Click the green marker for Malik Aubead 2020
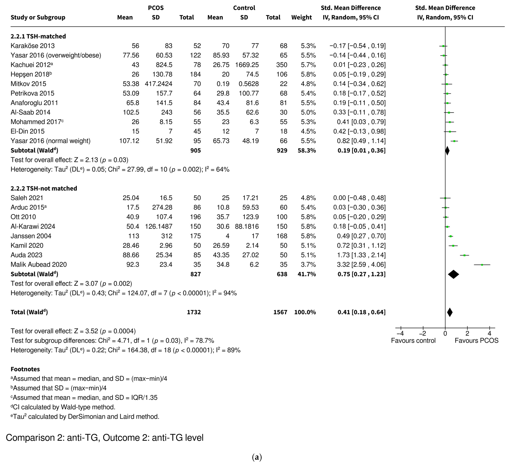[482, 265]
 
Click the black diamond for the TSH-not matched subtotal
[453, 274]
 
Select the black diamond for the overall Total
[450, 312]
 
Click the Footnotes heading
[25, 369]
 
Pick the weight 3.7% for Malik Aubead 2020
[308, 265]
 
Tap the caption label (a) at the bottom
[257, 457]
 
